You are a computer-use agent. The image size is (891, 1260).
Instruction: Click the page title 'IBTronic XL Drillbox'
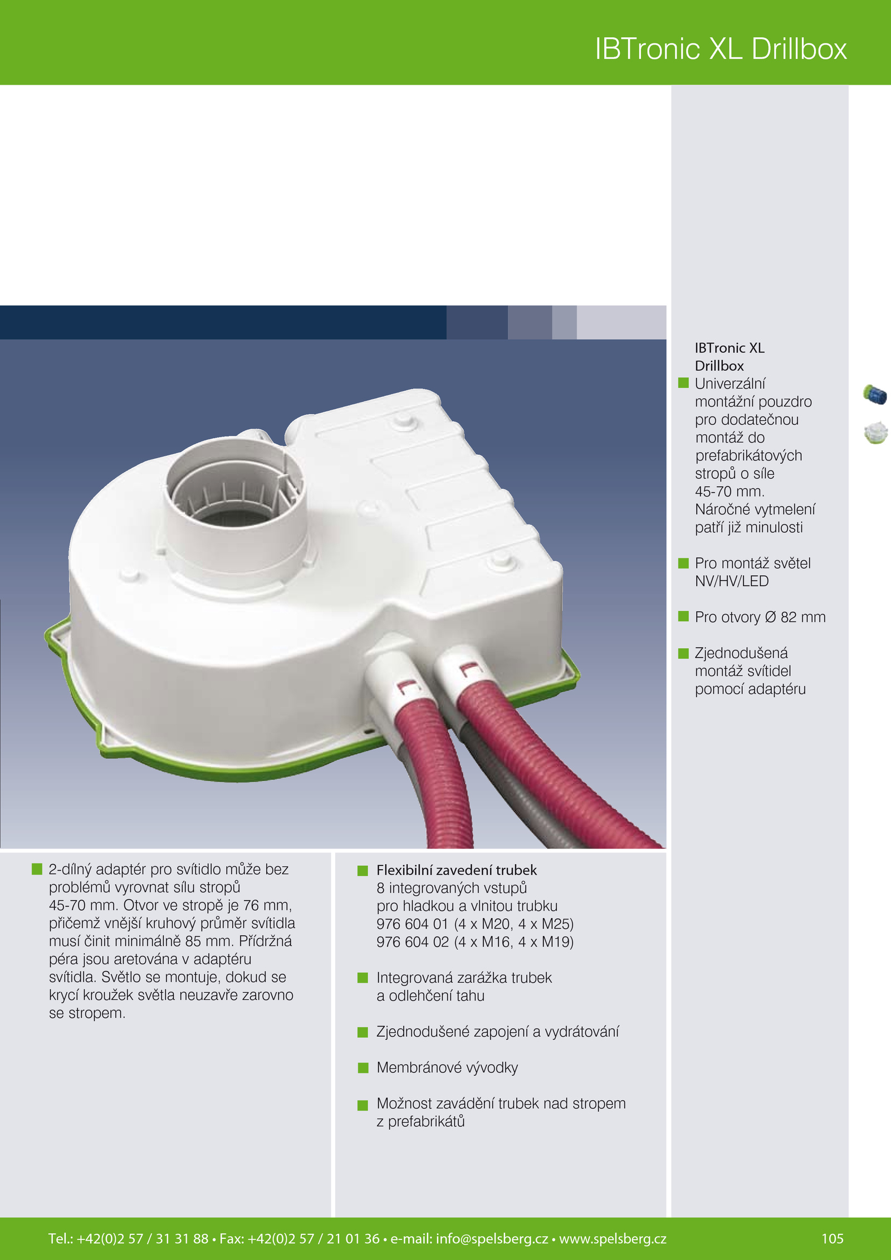click(x=721, y=48)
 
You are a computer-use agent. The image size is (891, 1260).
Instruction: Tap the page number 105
click(x=833, y=1238)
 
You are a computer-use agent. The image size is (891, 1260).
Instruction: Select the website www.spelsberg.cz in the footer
click(x=613, y=1238)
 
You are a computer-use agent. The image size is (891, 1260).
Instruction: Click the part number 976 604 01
click(x=412, y=924)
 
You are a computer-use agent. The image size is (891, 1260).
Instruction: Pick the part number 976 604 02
click(x=412, y=942)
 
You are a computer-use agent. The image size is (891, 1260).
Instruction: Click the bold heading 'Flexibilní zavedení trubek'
click(x=457, y=870)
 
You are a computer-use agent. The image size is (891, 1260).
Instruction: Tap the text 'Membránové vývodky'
click(x=447, y=1067)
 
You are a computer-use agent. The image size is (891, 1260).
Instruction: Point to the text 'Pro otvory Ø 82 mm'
click(x=760, y=617)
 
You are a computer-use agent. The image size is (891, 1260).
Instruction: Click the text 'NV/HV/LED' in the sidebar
click(x=732, y=581)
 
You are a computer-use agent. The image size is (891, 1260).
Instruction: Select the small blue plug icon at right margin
click(x=875, y=394)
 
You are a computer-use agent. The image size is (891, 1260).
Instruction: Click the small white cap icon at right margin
click(x=876, y=433)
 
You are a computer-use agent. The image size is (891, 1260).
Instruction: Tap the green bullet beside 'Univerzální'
click(x=683, y=383)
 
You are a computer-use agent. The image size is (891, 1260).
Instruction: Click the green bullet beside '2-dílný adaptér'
click(x=37, y=869)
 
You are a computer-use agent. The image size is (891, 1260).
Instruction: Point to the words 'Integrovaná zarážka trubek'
click(x=464, y=978)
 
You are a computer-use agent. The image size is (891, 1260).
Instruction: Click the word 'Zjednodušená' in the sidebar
click(x=741, y=653)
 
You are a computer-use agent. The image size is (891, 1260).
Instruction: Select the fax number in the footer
click(x=300, y=1238)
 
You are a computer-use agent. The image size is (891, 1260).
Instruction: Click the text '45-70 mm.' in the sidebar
click(x=730, y=492)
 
